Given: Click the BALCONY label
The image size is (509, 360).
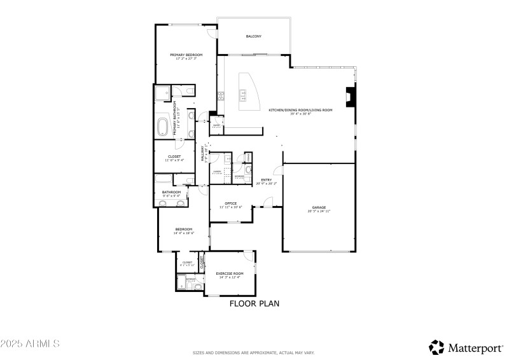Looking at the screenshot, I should (x=254, y=36).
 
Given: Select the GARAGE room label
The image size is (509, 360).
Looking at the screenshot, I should (x=319, y=207).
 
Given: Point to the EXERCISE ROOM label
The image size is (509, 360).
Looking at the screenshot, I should (x=230, y=273).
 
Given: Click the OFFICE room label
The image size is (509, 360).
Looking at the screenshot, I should (x=230, y=204).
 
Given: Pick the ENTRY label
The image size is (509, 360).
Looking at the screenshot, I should (x=266, y=180).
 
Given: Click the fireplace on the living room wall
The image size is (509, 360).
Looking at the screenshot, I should (x=351, y=97).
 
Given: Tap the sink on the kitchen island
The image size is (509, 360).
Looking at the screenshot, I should (x=242, y=96).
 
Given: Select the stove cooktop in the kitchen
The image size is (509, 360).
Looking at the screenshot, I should (x=221, y=97).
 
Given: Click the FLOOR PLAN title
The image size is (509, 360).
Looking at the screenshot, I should (x=254, y=304).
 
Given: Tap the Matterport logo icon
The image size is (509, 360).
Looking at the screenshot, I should (x=436, y=347).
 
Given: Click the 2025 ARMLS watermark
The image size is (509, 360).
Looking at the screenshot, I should (x=30, y=343).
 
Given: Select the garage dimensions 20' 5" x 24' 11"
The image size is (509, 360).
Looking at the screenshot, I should (x=319, y=211).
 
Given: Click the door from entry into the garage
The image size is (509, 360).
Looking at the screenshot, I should (x=277, y=172).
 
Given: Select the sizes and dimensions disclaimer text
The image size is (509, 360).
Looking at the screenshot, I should (x=254, y=352).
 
